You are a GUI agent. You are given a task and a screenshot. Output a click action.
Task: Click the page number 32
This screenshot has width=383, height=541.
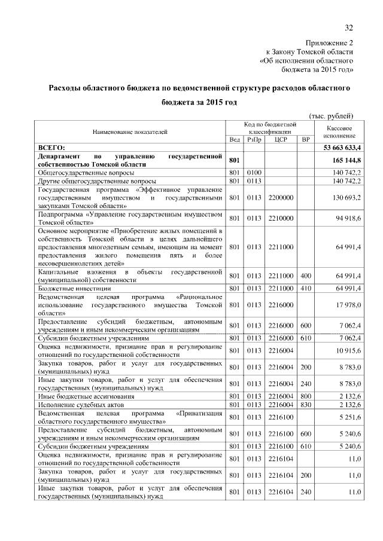(x=349, y=27)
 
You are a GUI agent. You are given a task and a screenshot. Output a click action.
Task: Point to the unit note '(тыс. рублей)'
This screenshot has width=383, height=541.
(x=331, y=115)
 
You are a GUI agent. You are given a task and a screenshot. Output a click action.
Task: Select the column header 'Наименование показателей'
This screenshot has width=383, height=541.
(x=130, y=131)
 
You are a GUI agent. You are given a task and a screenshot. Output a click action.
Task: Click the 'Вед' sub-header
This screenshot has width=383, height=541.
(x=235, y=139)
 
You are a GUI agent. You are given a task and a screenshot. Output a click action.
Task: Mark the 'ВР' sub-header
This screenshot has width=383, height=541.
(x=306, y=139)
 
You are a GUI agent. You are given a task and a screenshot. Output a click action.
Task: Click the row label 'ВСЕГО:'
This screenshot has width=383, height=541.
(x=51, y=147)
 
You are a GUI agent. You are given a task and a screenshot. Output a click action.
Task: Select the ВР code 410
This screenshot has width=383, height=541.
(x=306, y=288)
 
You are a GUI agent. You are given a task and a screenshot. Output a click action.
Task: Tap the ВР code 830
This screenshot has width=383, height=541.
(x=306, y=405)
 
